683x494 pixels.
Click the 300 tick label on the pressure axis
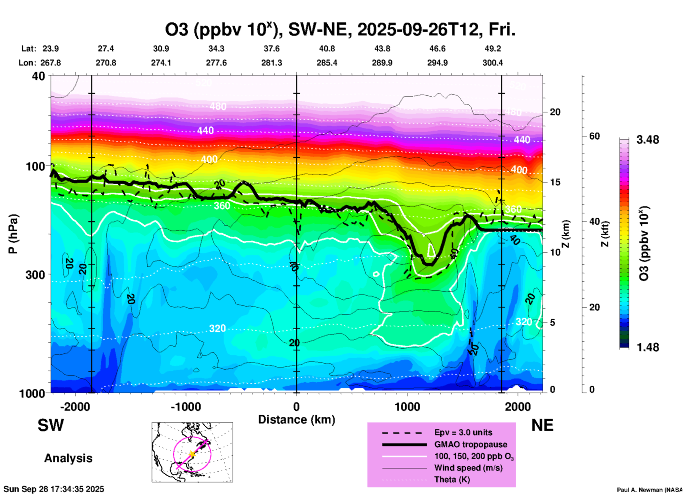[35, 275]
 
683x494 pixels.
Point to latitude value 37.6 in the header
[271, 49]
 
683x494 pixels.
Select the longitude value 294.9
[437, 63]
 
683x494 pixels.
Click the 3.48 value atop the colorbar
[648, 140]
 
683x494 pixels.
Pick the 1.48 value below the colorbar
[648, 347]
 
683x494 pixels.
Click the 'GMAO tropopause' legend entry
[471, 444]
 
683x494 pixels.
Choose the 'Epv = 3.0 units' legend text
[463, 432]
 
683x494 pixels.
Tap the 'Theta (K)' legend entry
[452, 479]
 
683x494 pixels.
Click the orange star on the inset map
[192, 454]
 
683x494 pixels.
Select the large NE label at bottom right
[542, 425]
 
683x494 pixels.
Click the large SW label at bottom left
[51, 425]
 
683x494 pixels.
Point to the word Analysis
[68, 458]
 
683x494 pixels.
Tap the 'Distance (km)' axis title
[296, 420]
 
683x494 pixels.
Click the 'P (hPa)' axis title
[13, 234]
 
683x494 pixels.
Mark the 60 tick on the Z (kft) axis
[594, 136]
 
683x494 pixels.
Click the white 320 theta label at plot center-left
[217, 329]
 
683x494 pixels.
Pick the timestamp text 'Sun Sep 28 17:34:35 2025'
[54, 489]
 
